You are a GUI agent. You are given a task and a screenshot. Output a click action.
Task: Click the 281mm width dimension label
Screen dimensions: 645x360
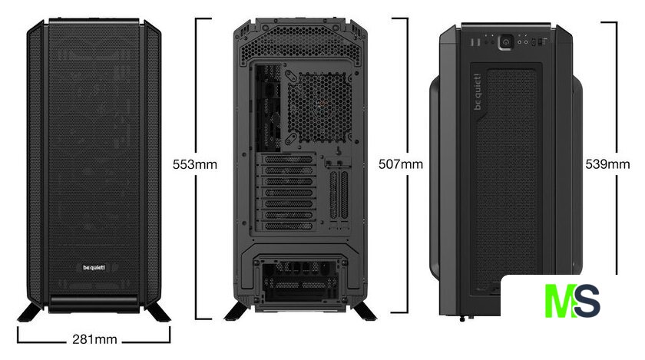(94, 339)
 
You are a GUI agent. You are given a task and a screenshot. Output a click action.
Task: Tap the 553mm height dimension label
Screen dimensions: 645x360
(194, 164)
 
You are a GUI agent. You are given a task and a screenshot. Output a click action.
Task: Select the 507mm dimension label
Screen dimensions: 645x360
(401, 164)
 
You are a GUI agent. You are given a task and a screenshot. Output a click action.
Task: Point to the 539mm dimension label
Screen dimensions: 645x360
(607, 164)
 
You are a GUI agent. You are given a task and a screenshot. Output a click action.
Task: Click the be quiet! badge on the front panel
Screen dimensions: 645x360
(94, 267)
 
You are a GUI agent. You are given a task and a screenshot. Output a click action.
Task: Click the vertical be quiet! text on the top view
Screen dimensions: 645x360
(477, 92)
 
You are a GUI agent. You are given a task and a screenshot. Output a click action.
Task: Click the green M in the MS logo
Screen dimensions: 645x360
(559, 300)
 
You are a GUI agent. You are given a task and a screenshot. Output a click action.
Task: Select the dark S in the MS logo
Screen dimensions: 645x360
(587, 301)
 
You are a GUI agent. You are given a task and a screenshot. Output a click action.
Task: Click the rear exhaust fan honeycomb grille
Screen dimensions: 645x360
(319, 107)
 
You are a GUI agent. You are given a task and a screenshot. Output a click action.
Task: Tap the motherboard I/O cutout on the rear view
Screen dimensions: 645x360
(268, 107)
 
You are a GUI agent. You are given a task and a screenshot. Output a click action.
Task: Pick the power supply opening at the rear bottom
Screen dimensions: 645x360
(300, 279)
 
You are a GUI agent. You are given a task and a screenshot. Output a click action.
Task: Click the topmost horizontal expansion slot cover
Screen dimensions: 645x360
(289, 160)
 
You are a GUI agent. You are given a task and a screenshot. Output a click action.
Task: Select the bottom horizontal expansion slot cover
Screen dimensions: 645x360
(289, 226)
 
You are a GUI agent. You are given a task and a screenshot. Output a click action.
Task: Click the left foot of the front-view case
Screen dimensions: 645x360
(30, 311)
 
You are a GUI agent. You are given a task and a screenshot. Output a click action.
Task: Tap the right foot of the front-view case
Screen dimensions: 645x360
(158, 311)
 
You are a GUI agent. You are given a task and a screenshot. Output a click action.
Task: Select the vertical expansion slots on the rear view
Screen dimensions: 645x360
(339, 195)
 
